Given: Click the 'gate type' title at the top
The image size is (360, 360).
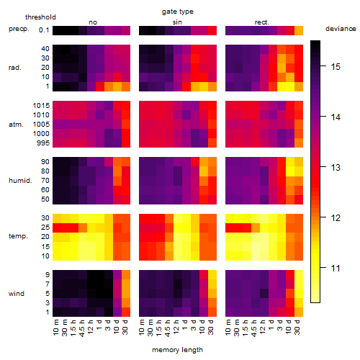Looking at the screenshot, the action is [178, 12].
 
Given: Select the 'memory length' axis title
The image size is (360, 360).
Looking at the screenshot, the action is [177, 350].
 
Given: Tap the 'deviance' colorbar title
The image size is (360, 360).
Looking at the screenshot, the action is [341, 29].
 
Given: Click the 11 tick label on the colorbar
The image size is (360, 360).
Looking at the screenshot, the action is [336, 269].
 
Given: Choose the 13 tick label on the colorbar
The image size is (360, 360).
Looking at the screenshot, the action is [336, 168].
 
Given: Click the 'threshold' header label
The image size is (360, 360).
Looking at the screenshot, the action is [40, 17].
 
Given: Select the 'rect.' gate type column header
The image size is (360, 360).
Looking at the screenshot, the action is [261, 22].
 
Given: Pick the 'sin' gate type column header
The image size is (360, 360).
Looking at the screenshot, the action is [177, 22].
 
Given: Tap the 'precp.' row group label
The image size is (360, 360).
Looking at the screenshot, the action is [19, 29].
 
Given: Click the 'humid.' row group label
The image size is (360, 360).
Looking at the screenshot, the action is [20, 181].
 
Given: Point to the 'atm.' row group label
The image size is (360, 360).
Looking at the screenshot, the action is [16, 125].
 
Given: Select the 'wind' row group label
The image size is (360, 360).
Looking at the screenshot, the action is [17, 294].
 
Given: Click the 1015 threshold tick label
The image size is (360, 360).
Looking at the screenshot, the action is [41, 106].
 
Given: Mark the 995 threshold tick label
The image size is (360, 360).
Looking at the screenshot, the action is [43, 143].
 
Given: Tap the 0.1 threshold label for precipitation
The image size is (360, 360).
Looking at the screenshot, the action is [44, 30].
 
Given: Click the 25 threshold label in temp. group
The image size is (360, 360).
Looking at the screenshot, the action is [45, 228].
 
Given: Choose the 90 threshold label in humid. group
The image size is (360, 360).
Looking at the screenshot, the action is [45, 162].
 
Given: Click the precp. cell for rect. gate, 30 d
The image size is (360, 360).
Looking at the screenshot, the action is [299, 30].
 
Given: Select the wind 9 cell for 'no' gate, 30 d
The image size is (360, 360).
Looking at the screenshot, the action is [126, 275].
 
